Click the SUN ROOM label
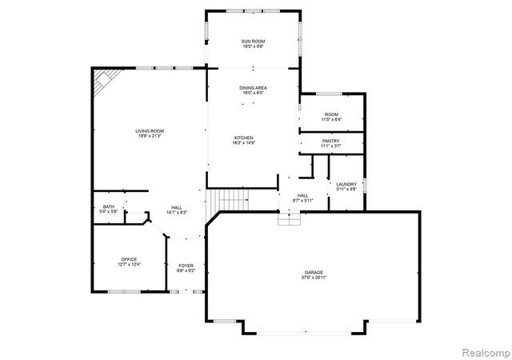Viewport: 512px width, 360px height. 254,41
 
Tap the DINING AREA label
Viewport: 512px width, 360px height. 254,87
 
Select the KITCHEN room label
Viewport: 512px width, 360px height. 244,138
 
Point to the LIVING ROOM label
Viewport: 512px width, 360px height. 149,130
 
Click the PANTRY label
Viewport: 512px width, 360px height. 331,141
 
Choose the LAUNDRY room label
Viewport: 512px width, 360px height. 346,184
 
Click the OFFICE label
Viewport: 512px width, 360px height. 130,259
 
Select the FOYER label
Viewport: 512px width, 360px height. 186,266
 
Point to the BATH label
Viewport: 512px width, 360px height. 108,207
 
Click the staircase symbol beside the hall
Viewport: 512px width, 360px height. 230,198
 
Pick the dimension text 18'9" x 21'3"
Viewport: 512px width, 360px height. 149,136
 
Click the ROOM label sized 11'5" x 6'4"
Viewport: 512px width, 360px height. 331,114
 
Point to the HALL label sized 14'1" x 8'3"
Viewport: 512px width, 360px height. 176,207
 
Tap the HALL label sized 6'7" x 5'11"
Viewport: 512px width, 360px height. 303,195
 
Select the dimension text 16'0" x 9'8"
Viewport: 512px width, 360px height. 254,46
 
